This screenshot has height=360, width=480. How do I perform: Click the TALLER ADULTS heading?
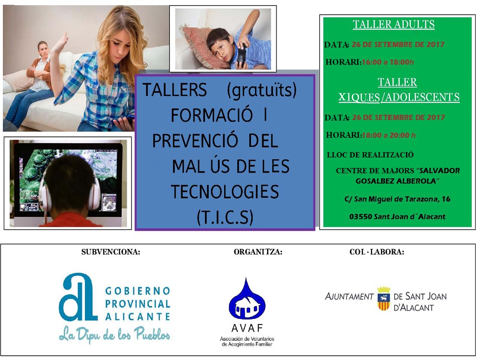coord(394,24)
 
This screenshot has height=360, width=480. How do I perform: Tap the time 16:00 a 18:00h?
coord(387,62)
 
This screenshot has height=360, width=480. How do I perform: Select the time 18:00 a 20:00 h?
coord(388,135)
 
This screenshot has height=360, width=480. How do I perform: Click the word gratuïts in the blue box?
coord(262,91)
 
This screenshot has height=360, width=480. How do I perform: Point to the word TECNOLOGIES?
coord(225,192)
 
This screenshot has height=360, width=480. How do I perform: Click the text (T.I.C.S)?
coord(225,217)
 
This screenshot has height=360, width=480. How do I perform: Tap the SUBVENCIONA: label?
coord(110,252)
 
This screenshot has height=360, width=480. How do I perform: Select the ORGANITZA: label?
coord(258,252)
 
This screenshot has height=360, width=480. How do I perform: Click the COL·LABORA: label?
coord(376,252)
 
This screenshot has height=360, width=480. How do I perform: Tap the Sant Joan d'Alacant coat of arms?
coord(384,299)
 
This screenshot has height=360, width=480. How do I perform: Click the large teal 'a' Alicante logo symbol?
coord(78,297)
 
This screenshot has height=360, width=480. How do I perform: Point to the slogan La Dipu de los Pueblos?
coord(115,334)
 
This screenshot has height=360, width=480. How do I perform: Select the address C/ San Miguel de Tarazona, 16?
coord(397,199)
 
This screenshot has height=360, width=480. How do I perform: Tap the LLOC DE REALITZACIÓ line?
coord(370,155)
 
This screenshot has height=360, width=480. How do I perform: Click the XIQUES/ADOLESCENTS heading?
coord(399,97)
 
